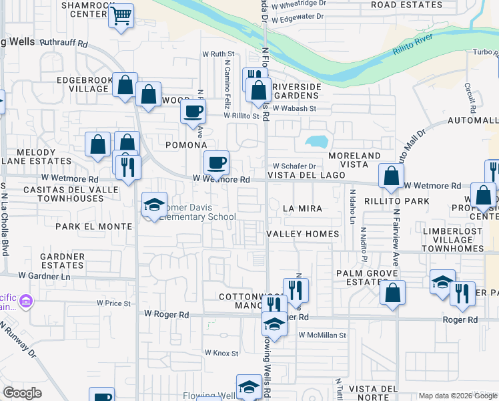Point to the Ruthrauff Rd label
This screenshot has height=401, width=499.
click(64, 43)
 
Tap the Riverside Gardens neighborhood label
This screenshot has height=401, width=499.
click(298, 91)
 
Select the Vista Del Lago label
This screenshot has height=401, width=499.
click(306, 175)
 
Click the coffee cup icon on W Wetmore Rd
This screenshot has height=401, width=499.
click(216, 162)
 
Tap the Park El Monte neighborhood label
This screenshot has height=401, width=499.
click(94, 227)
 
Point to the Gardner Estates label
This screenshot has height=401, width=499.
click(62, 261)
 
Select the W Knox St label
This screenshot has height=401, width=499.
click(221, 352)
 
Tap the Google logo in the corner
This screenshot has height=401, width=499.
click(22, 393)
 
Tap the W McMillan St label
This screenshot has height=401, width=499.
click(322, 335)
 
